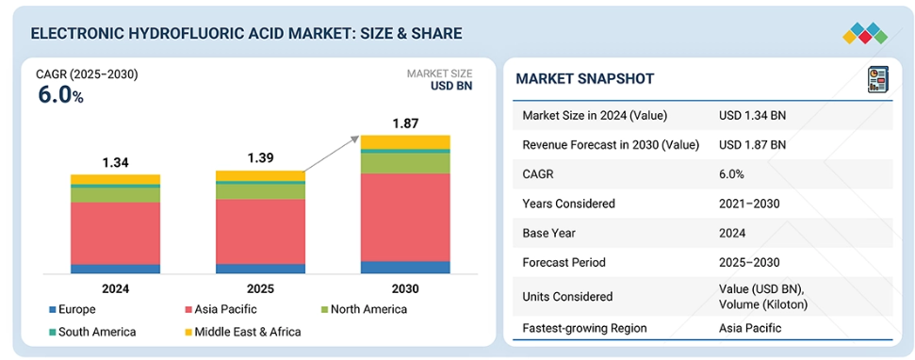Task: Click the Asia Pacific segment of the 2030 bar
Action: (x=405, y=217)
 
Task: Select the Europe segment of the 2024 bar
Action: (x=116, y=269)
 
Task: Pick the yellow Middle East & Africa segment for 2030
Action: (x=405, y=142)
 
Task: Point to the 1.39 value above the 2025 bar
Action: (x=260, y=158)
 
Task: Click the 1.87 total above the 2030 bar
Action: (x=405, y=123)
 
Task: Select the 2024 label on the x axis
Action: (x=116, y=288)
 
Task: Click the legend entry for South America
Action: (x=92, y=332)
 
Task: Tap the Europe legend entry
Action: (x=73, y=309)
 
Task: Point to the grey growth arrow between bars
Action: (x=331, y=154)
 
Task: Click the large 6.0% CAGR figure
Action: (x=60, y=94)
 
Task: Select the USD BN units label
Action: (x=451, y=86)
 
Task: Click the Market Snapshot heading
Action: (x=584, y=79)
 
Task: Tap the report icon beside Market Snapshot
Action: (x=877, y=79)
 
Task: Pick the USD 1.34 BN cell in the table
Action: (x=752, y=116)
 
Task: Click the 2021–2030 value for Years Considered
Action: (x=749, y=204)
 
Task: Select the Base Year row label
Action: (x=547, y=233)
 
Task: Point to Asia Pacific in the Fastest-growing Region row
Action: (x=750, y=328)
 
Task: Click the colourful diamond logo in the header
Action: (x=865, y=34)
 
